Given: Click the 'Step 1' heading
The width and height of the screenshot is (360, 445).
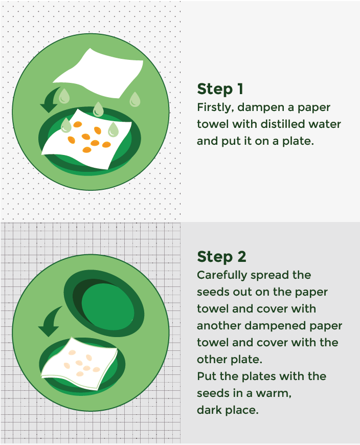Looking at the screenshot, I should pos(220,89).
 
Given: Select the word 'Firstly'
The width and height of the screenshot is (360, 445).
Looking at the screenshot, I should pos(213,108).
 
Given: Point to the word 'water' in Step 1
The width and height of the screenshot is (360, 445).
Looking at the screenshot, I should pos(325,124).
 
